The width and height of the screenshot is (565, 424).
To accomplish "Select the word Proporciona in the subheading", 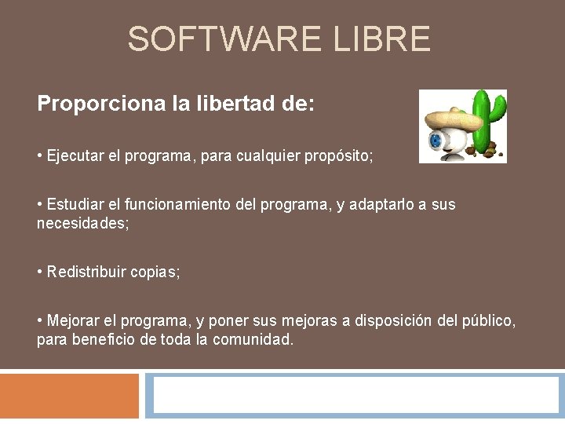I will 100,104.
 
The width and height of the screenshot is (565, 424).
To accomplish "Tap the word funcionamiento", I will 169,205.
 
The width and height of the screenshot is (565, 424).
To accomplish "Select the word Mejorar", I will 73,321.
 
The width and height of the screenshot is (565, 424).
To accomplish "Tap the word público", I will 490,321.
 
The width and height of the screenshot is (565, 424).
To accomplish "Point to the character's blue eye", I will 436,141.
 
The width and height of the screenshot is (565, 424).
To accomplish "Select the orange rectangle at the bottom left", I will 69,396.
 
